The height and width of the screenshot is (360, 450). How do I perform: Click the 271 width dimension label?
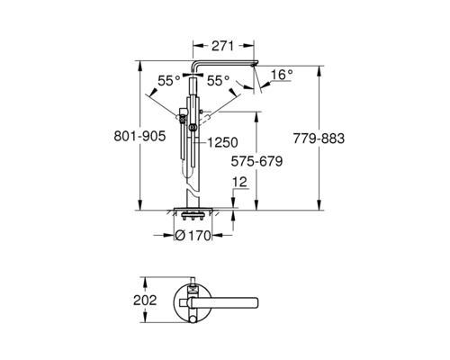[222, 46]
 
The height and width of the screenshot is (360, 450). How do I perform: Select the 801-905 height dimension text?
[139, 137]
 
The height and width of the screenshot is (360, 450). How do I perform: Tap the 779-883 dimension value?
[319, 139]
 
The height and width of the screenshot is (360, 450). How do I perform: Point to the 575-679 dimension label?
[256, 161]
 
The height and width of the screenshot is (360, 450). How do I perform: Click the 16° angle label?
[281, 75]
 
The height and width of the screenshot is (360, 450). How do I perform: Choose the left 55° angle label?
[169, 80]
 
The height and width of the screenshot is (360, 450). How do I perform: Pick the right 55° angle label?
[219, 80]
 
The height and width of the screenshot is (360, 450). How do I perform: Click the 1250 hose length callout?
[222, 142]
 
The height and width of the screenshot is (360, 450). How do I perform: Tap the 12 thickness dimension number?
[239, 182]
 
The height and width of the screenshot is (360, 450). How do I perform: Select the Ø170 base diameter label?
[193, 236]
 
